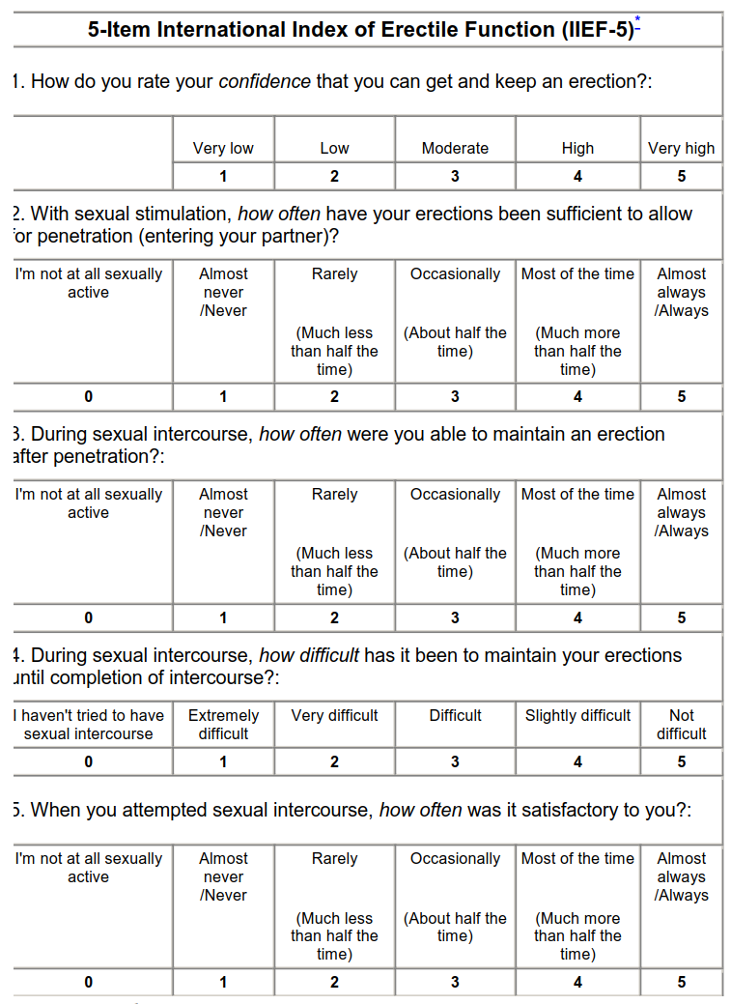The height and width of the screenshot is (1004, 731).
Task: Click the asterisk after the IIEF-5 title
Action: pyautogui.click(x=637, y=20)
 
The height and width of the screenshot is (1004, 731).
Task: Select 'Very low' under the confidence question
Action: pyautogui.click(x=223, y=148)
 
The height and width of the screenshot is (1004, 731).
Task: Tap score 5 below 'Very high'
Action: pyautogui.click(x=682, y=176)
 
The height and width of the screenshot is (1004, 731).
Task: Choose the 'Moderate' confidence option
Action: pyautogui.click(x=455, y=148)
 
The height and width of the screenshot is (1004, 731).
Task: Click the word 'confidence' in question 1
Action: pyautogui.click(x=265, y=81)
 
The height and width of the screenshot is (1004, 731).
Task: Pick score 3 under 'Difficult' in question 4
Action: pyautogui.click(x=455, y=761)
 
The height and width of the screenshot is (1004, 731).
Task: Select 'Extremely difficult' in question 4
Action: pyautogui.click(x=223, y=725)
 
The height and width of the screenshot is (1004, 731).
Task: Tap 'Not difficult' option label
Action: pyautogui.click(x=682, y=725)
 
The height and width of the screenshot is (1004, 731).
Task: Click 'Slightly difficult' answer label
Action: pyautogui.click(x=577, y=716)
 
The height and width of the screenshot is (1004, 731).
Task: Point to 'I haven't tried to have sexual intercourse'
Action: pyautogui.click(x=89, y=725)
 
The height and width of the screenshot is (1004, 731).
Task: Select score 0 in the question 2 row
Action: pyautogui.click(x=89, y=396)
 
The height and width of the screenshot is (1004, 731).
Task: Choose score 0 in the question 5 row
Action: pyautogui.click(x=89, y=982)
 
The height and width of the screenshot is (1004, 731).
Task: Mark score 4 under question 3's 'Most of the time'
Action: pyautogui.click(x=577, y=617)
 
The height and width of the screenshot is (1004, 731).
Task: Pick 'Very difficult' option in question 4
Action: pyautogui.click(x=334, y=716)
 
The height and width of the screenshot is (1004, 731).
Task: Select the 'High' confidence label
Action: pyautogui.click(x=577, y=148)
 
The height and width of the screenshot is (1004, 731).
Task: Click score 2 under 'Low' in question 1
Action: pyautogui.click(x=334, y=176)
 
